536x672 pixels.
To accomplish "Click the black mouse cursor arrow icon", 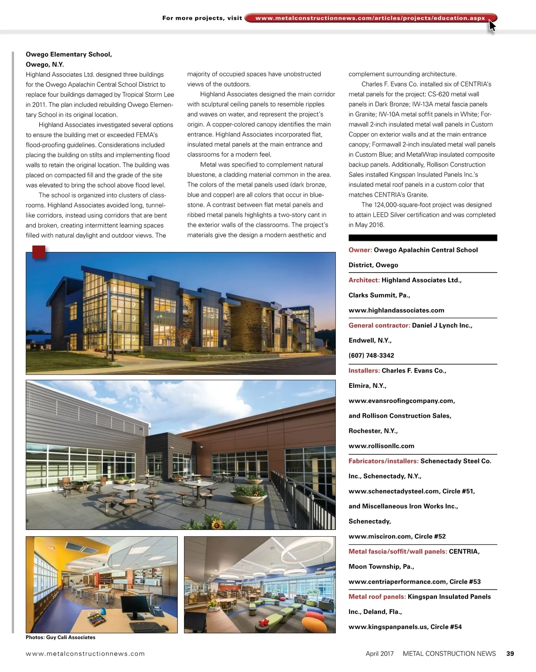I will coord(492,25).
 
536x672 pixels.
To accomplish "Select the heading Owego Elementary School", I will coord(69,55).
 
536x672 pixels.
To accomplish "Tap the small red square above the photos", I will coord(39,252).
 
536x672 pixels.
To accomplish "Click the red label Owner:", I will coord(360,250).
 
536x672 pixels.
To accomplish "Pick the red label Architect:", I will coord(364,280).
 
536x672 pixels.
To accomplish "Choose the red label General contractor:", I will coord(379,325).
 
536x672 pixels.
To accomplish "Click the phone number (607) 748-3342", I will coord(371,356).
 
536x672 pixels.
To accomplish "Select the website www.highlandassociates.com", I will coord(396,311).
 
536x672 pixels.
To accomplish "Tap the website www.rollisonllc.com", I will coord(381,446).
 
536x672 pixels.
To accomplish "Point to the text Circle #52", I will coord(430,536).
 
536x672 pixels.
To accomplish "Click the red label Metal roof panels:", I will coord(377,596).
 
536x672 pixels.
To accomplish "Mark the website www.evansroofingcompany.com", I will coord(402,401).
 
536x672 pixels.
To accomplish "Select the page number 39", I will coord(510,654).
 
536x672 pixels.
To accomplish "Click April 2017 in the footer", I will coord(380,654).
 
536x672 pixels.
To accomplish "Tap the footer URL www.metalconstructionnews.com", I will coord(85,654).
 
